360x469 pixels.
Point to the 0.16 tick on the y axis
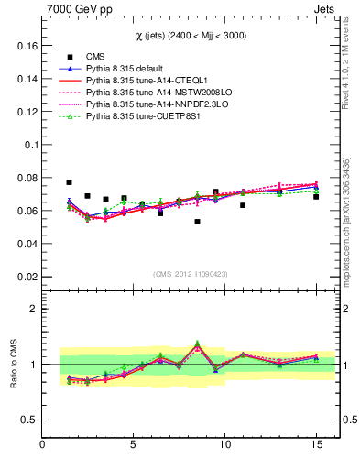coord(26,46)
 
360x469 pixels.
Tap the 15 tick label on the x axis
coord(316,444)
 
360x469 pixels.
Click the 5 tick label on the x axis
coord(134,444)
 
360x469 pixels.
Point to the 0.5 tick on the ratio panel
coord(29,420)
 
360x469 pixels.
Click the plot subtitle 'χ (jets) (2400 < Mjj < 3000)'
coord(189,35)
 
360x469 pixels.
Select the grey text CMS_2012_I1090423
coord(189,274)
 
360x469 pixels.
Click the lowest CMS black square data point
coord(197,222)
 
